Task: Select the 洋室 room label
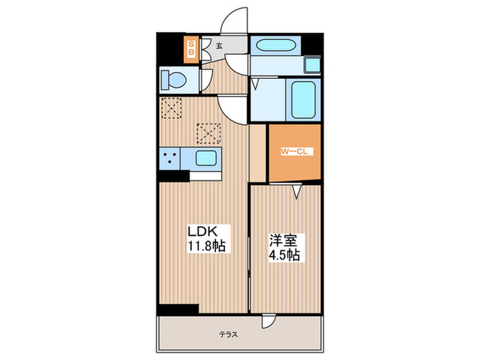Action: click(x=283, y=241)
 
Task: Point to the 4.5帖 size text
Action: click(x=284, y=254)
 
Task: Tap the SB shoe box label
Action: click(x=192, y=47)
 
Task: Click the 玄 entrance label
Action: click(x=219, y=46)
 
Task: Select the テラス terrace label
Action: click(x=228, y=335)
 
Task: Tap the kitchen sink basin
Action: click(x=206, y=158)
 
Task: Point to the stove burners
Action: click(x=171, y=158)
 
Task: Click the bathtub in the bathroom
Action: click(x=301, y=100)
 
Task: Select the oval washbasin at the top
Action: click(x=274, y=46)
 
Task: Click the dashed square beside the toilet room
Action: click(x=169, y=107)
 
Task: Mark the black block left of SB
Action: click(x=170, y=47)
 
